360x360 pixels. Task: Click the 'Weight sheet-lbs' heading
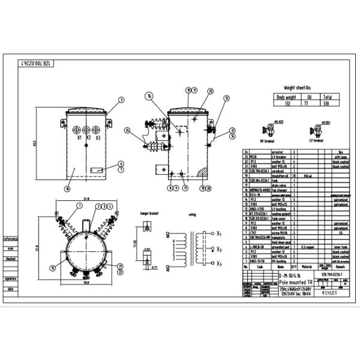pyautogui.click(x=298, y=87)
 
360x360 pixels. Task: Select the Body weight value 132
pyautogui.click(x=286, y=103)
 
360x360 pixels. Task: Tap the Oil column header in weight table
pyautogui.click(x=308, y=96)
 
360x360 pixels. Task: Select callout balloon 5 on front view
pyautogui.click(x=121, y=100)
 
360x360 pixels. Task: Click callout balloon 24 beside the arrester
pyautogui.click(x=127, y=130)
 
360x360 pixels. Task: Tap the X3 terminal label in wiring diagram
pyautogui.click(x=220, y=263)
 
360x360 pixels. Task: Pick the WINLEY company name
pyautogui.click(x=330, y=294)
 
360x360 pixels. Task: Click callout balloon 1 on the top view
pyautogui.click(x=79, y=206)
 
